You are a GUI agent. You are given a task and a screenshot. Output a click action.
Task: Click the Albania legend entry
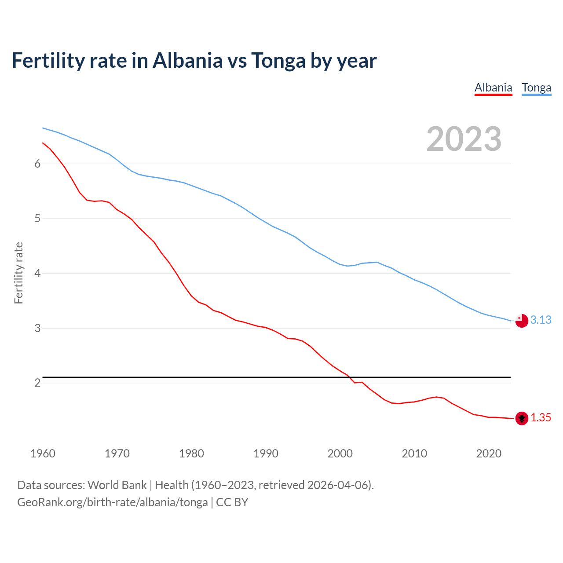(x=493, y=88)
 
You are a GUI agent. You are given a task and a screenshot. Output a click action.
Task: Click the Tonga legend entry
(x=536, y=88)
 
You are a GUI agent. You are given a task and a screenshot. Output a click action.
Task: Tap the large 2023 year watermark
(x=464, y=139)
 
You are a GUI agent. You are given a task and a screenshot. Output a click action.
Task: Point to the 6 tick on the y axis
(x=37, y=164)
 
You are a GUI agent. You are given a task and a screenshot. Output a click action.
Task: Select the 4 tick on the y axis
(x=37, y=273)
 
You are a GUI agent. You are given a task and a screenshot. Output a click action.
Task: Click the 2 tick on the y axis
(x=37, y=383)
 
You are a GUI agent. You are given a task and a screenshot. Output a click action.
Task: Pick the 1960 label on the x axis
(x=43, y=453)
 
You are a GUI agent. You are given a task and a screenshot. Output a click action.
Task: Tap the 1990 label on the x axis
(x=266, y=453)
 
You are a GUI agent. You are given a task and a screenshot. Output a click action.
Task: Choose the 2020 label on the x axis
(x=489, y=453)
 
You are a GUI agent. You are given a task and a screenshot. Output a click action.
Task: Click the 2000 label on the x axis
(x=340, y=453)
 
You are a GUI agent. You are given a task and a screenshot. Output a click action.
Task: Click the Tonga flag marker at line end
(x=522, y=321)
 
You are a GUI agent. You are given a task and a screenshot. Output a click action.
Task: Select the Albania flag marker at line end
(x=522, y=418)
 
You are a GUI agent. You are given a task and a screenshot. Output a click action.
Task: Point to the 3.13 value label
(x=541, y=320)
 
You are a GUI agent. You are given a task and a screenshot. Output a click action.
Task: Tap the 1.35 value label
(x=541, y=418)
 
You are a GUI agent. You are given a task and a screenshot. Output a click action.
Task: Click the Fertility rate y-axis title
(x=18, y=273)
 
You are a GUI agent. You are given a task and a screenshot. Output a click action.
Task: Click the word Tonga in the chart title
(x=278, y=60)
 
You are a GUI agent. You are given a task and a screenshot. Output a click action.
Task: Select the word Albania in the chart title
(x=188, y=60)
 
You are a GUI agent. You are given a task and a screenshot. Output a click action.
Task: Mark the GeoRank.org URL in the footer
(x=112, y=502)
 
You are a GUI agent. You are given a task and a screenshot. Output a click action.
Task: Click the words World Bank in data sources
(x=117, y=485)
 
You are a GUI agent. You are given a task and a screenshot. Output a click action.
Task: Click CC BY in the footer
(x=232, y=502)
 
